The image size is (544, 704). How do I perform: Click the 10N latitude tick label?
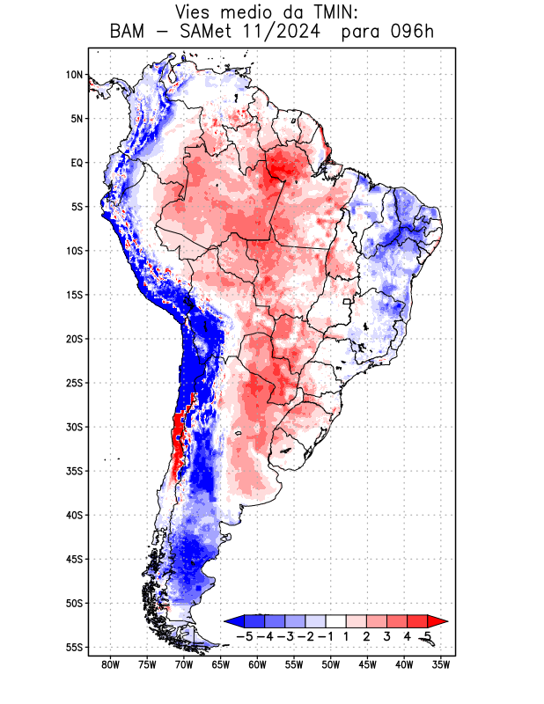click(x=74, y=75)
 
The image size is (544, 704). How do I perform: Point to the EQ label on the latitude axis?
click(x=76, y=163)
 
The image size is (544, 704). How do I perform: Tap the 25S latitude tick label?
click(x=74, y=383)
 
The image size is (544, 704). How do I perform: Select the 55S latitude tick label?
click(x=74, y=647)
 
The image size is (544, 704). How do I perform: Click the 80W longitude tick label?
click(x=110, y=664)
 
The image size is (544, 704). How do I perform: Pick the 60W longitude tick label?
click(x=257, y=664)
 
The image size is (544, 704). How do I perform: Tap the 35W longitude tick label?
click(x=441, y=664)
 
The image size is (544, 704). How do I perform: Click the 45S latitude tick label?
click(x=74, y=559)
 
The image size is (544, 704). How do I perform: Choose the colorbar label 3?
click(x=387, y=635)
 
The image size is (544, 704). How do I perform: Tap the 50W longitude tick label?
click(x=331, y=664)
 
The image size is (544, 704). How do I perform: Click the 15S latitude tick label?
click(x=74, y=295)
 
